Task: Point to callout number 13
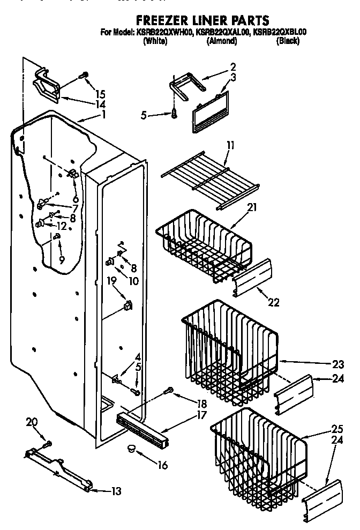(116, 490)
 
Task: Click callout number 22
(273, 302)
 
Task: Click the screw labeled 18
(171, 390)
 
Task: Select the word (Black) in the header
(287, 41)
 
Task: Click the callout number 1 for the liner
(103, 114)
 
